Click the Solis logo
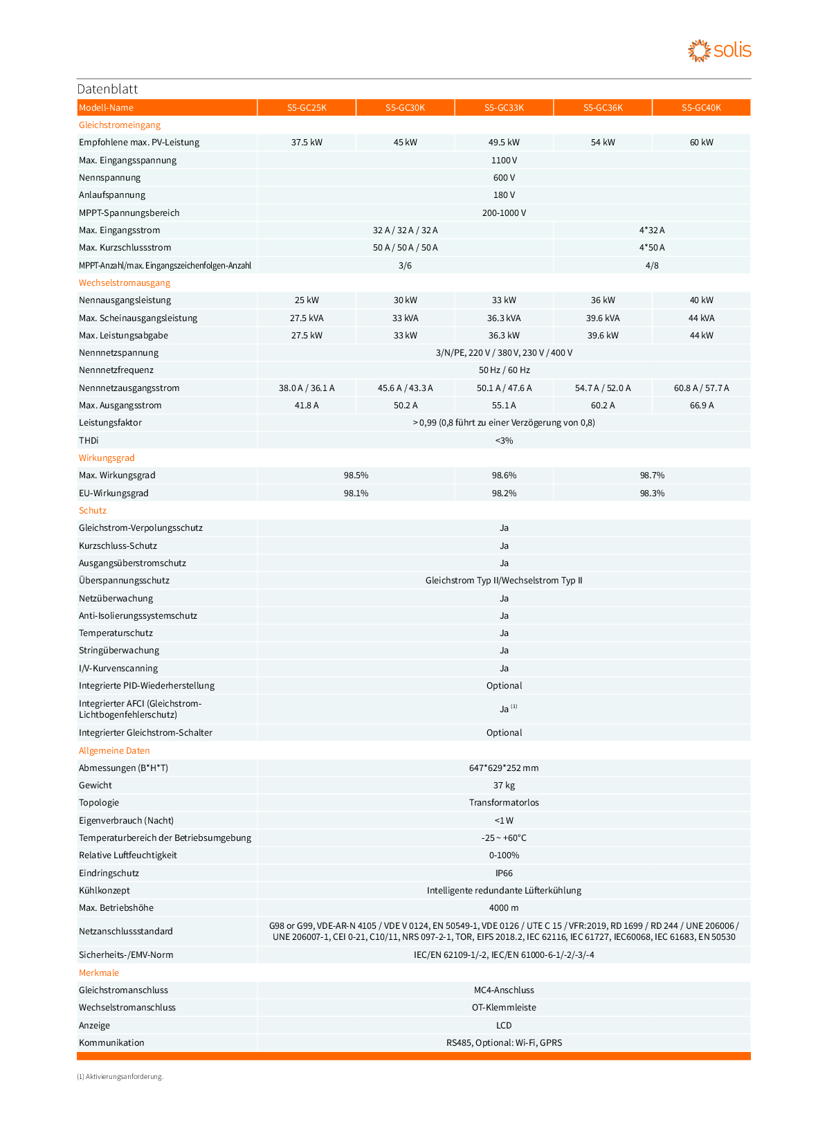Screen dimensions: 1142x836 pos(719,51)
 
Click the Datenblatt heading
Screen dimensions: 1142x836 pos(107,89)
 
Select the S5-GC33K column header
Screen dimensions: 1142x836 pos(504,107)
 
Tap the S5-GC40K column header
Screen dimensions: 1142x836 pos(701,107)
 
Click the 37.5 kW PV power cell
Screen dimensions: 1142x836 pos(307,143)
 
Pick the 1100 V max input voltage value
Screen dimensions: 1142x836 pos(504,160)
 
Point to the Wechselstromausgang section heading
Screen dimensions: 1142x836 pos(125,282)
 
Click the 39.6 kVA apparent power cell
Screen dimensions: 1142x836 pos(603,318)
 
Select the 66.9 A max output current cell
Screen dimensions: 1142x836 pos(701,405)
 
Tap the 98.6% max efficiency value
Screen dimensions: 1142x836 pos(504,475)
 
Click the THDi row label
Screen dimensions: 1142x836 pos(89,440)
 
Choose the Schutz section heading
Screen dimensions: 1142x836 pos(93,510)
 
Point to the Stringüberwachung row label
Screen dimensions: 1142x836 pos(119,650)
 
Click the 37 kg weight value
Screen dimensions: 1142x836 pos(504,785)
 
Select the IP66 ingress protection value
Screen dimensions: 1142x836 pos(504,873)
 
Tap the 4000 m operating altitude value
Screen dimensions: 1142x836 pos(504,907)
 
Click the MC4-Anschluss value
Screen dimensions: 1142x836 pos(504,990)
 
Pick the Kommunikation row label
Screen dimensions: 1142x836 pos(111,1042)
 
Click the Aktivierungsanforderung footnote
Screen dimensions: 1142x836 pos(120,1076)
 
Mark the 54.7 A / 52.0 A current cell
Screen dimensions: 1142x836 pos(603,388)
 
